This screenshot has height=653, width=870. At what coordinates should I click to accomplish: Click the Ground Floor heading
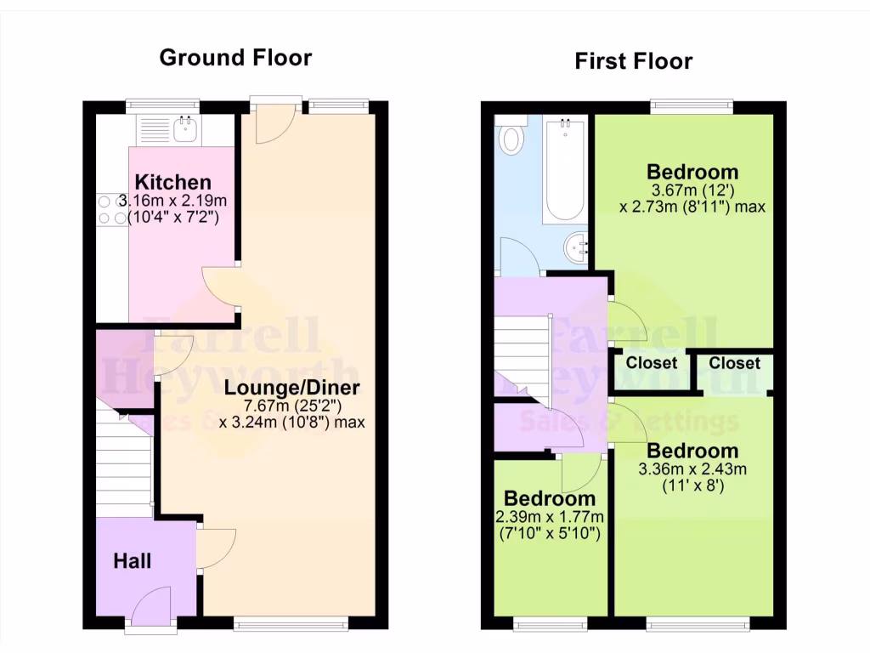click(235, 58)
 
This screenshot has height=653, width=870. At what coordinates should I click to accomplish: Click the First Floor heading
click(633, 61)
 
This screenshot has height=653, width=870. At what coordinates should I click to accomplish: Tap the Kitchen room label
click(173, 182)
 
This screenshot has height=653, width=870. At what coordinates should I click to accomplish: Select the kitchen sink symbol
click(184, 129)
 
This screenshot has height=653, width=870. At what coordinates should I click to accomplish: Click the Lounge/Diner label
click(292, 389)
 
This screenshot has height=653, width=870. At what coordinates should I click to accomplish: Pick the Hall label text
click(133, 561)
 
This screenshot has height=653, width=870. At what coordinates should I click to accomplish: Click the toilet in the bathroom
click(511, 139)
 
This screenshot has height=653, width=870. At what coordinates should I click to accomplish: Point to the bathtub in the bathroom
click(564, 170)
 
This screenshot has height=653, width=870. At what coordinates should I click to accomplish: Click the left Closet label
click(652, 363)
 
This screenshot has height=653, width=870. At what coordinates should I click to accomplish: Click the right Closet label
click(734, 363)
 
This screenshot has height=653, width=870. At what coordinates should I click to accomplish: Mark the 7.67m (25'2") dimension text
click(292, 406)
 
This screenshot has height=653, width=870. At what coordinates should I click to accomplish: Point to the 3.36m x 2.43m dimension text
click(693, 469)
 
